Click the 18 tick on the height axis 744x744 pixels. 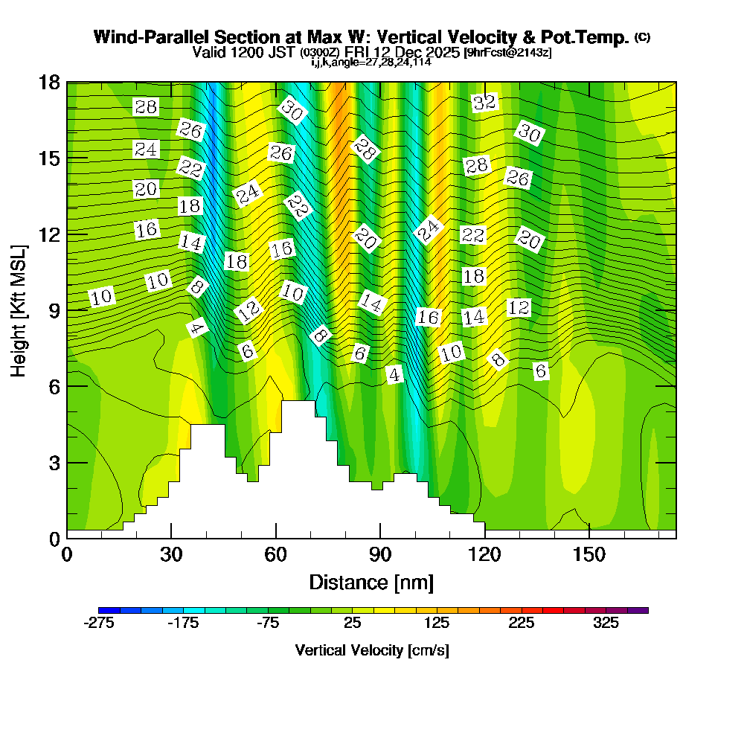[x=49, y=82]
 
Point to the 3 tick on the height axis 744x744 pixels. [x=54, y=463]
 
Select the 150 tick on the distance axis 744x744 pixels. [x=589, y=554]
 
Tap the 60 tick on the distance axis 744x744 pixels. [x=276, y=554]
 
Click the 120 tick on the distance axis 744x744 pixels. [x=484, y=554]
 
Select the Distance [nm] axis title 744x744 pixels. [x=371, y=581]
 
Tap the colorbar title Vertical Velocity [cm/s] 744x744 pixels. [x=371, y=650]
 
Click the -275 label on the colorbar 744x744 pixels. [x=99, y=623]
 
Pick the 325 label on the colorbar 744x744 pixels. [x=606, y=623]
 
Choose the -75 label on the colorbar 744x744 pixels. [x=268, y=623]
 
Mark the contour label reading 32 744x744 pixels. [x=484, y=103]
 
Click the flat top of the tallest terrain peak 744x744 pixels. [x=298, y=403]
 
